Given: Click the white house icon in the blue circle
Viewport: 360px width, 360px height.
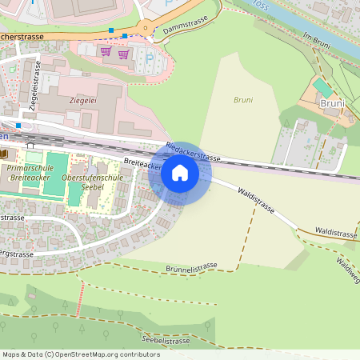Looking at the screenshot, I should point(179,172).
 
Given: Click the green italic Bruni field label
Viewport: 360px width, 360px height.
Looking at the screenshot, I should point(242,100).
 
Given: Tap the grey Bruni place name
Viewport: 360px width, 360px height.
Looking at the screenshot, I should point(331,103).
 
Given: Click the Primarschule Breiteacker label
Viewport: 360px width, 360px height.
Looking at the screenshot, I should point(29,173).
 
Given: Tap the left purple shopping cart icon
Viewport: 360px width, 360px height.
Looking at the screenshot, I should point(105,52).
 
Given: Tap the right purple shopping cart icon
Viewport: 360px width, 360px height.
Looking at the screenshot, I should point(123,54).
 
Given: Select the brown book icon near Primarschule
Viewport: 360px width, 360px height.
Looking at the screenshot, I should point(4,154).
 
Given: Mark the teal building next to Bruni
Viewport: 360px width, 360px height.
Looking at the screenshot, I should point(322,87).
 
